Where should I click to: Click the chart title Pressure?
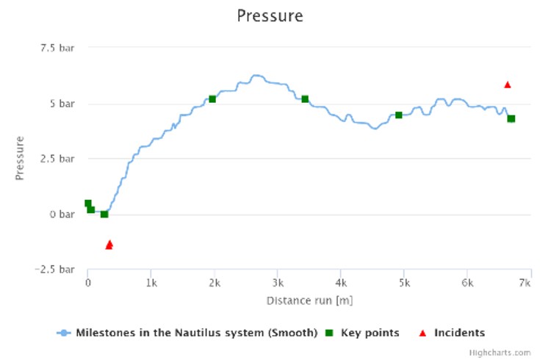270,16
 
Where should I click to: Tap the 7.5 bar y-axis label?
57,48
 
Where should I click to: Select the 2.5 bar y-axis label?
57,159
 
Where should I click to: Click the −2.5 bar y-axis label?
55,270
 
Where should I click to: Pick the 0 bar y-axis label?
62,215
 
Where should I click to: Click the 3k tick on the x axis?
277,283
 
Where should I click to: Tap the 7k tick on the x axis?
525,283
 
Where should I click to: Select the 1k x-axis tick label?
151,283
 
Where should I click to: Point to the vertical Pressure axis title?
21,158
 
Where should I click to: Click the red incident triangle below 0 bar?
109,245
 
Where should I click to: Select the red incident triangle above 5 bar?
507,84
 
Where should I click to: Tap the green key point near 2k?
212,99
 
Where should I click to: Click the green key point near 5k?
399,115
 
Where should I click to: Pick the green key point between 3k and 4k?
305,99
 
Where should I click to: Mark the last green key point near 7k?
511,119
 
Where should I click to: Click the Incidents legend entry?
453,333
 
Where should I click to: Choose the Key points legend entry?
364,333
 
